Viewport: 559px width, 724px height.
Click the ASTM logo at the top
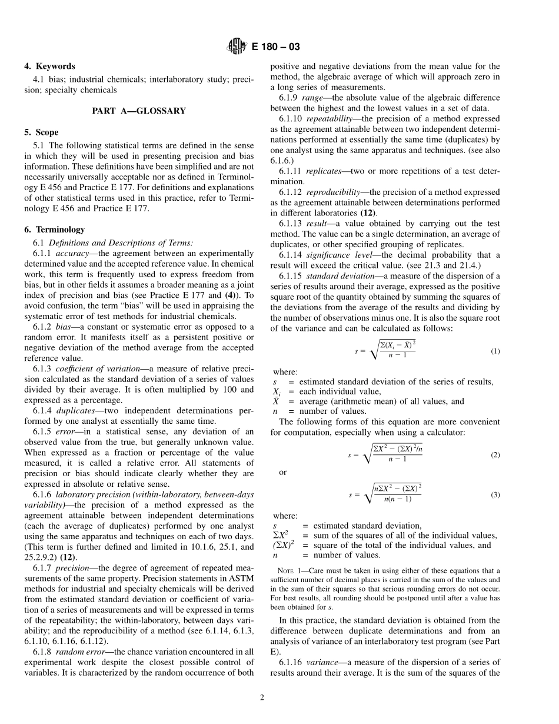236,47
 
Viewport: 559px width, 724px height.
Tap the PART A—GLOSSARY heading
139,111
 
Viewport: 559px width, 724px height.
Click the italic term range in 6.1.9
312,98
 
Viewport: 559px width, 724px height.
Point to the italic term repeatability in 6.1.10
330,118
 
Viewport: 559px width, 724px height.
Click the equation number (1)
495,351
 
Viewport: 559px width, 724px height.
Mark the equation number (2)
495,455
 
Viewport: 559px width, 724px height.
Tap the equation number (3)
495,495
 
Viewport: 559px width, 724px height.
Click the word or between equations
282,473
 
